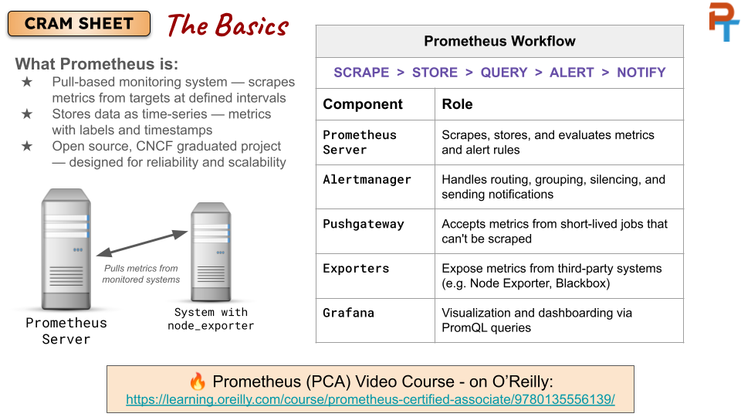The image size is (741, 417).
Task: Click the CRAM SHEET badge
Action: coord(79,24)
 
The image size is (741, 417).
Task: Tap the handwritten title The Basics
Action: coord(228,25)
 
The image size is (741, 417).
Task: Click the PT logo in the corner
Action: coord(723,22)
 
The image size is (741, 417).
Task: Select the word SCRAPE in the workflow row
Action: coord(361,73)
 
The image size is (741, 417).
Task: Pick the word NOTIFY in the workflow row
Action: coord(641,73)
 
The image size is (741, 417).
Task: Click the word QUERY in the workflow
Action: coord(504,73)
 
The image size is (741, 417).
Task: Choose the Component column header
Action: coord(363,104)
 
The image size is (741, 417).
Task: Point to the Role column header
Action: coord(457,104)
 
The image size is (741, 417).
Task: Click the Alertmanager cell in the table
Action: coord(367,180)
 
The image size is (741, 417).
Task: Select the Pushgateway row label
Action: coord(364,224)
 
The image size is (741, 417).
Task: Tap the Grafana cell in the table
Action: coord(348,313)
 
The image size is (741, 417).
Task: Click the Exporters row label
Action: coord(356,269)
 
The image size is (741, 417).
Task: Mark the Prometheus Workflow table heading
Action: coord(499,41)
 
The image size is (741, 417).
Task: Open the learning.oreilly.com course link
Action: coord(370,399)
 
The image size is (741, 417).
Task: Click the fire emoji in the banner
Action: coord(198,381)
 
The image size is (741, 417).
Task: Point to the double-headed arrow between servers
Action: coord(142,243)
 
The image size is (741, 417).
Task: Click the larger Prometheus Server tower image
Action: coord(66,249)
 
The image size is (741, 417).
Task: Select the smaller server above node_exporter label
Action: coord(211,252)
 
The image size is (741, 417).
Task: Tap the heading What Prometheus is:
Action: coord(97,64)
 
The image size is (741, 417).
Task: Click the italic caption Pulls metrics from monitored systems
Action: coord(140,273)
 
